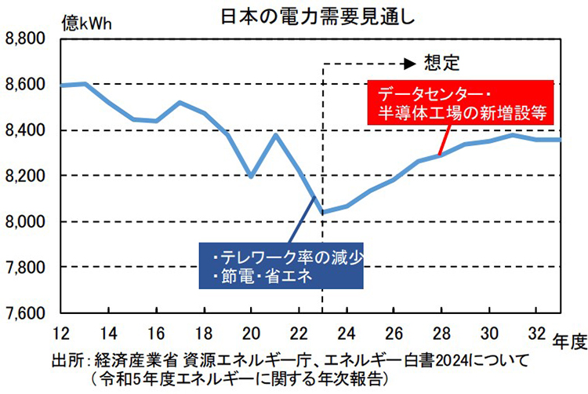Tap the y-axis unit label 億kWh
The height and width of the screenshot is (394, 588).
coord(85,21)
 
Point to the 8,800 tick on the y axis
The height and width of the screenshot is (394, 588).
coord(26,38)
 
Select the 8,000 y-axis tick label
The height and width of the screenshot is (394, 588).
coord(26,222)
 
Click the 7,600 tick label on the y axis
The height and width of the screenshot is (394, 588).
coord(26,314)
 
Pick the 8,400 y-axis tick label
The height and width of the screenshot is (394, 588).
coord(26,130)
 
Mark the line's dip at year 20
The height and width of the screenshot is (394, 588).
coord(251,177)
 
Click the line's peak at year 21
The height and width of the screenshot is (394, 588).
coord(274,135)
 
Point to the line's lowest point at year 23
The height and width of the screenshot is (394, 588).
coord(323,212)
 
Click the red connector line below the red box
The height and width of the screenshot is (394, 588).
coord(444,138)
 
